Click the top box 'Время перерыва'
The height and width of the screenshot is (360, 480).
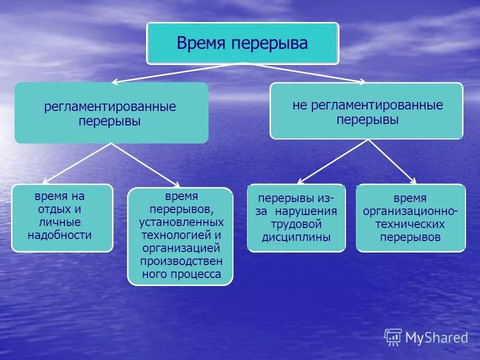[x=242, y=43]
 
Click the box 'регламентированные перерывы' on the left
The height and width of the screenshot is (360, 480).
[x=111, y=113]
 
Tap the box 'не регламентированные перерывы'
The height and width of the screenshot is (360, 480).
[x=366, y=111]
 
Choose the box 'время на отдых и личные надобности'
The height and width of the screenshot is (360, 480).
[x=62, y=217]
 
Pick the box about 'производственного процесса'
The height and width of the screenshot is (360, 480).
[x=180, y=236]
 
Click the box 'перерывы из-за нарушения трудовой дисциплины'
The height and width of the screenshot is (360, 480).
[x=296, y=217]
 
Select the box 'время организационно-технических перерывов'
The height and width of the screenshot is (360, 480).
[x=410, y=217]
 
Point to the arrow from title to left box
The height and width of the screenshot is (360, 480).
[x=175, y=73]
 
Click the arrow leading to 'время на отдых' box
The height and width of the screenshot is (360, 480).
[x=77, y=163]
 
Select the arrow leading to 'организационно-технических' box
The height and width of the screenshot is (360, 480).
[x=392, y=161]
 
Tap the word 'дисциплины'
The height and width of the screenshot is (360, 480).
[x=296, y=237]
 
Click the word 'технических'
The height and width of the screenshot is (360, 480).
[x=410, y=224]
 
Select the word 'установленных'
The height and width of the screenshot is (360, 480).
[x=181, y=221]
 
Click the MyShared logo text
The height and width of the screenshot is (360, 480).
[x=436, y=337]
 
